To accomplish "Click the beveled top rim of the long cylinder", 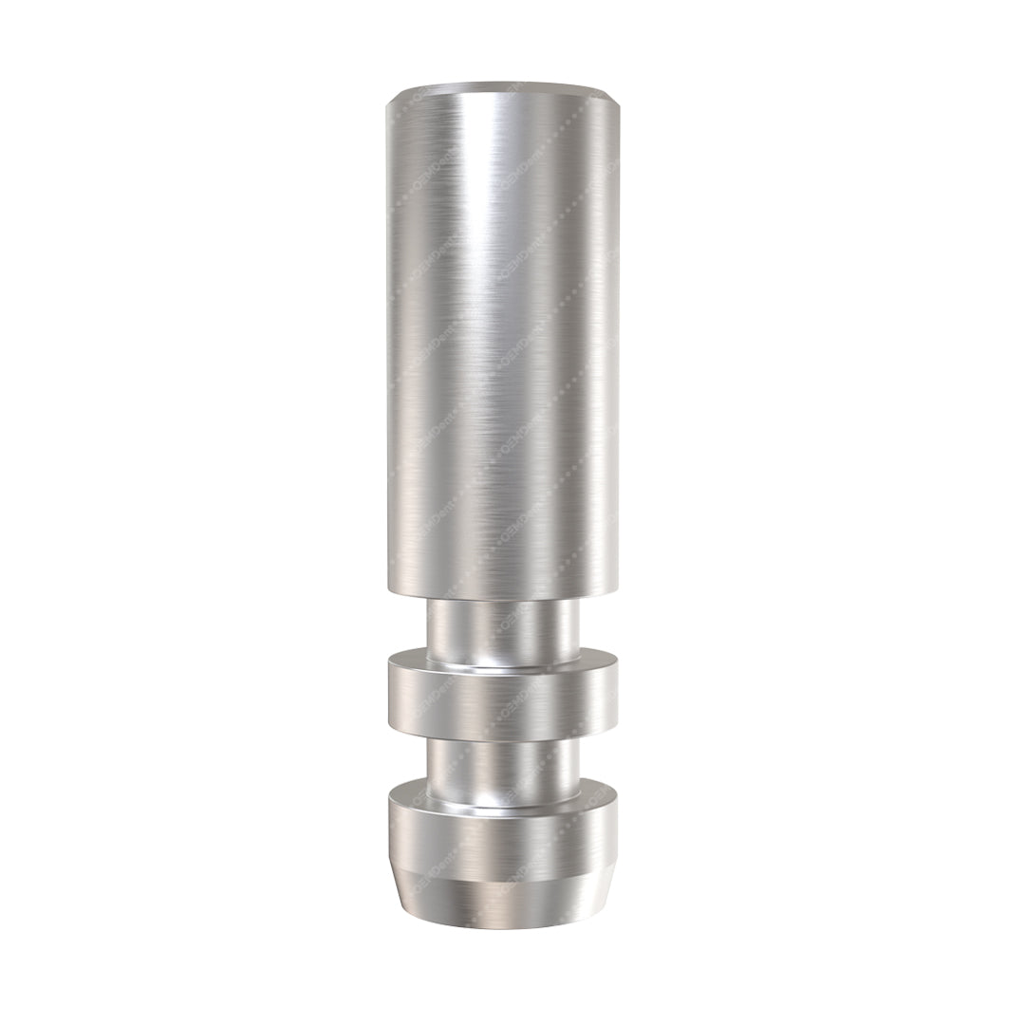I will pos(503,92).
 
